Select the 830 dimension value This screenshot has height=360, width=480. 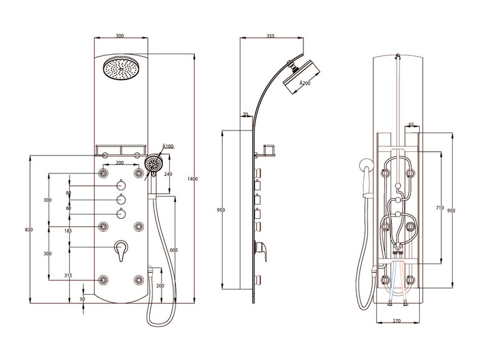pos(29,230)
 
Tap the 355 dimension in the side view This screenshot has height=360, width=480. pos(270,36)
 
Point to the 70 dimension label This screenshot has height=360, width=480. pos(245,114)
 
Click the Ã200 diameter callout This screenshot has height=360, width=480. pos(305,83)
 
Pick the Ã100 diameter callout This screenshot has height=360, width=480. pos(168,146)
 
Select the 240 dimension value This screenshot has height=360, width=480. pos(167,174)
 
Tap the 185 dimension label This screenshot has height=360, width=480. pos(68,231)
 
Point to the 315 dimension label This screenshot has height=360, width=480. pos(68,275)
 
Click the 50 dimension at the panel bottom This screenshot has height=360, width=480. pos(83,299)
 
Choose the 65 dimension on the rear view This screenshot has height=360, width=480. pos(411,125)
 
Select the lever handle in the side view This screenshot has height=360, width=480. pos(264,249)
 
